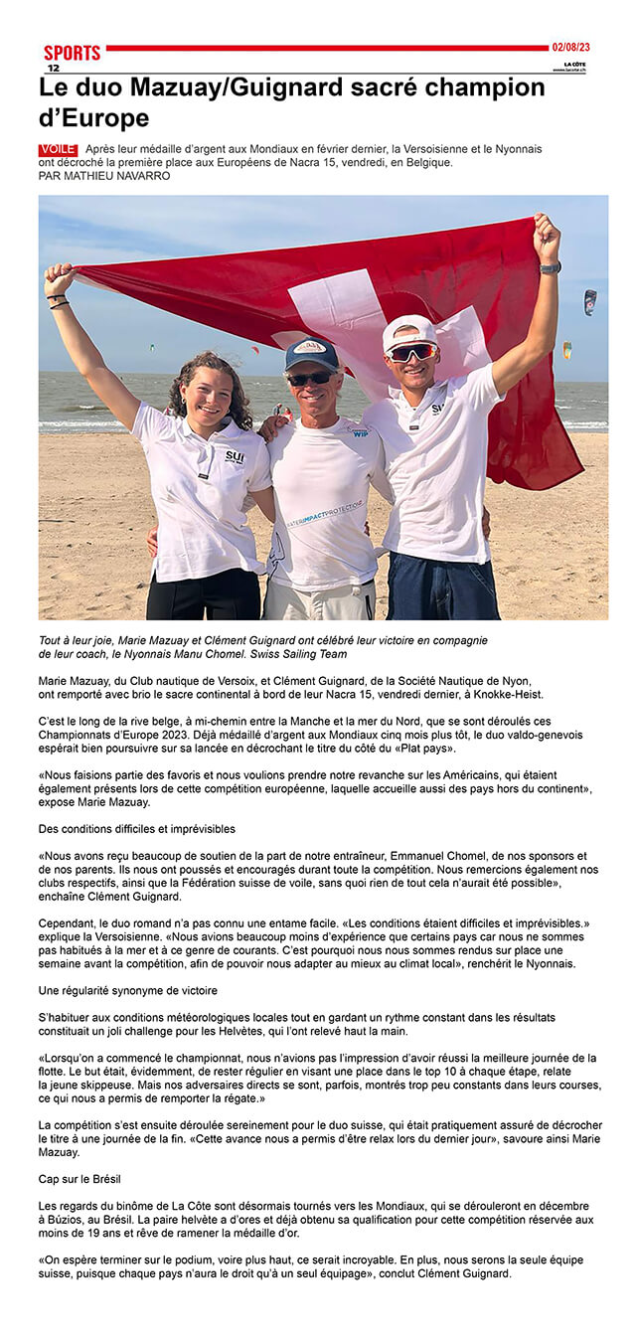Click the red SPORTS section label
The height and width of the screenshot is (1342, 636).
72,53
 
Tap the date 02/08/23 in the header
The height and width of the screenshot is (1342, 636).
570,47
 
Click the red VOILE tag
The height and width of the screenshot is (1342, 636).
58,149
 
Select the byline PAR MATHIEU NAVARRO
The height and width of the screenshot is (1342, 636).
104,176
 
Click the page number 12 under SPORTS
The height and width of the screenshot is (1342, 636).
53,68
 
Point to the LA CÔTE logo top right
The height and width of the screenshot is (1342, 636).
570,66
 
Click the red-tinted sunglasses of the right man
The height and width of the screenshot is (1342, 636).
411,352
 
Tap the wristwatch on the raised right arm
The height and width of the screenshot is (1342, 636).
550,267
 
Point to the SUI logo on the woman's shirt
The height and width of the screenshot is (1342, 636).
234,456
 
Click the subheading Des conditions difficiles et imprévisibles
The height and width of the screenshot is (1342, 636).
137,829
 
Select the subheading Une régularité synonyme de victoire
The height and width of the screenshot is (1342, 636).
128,990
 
